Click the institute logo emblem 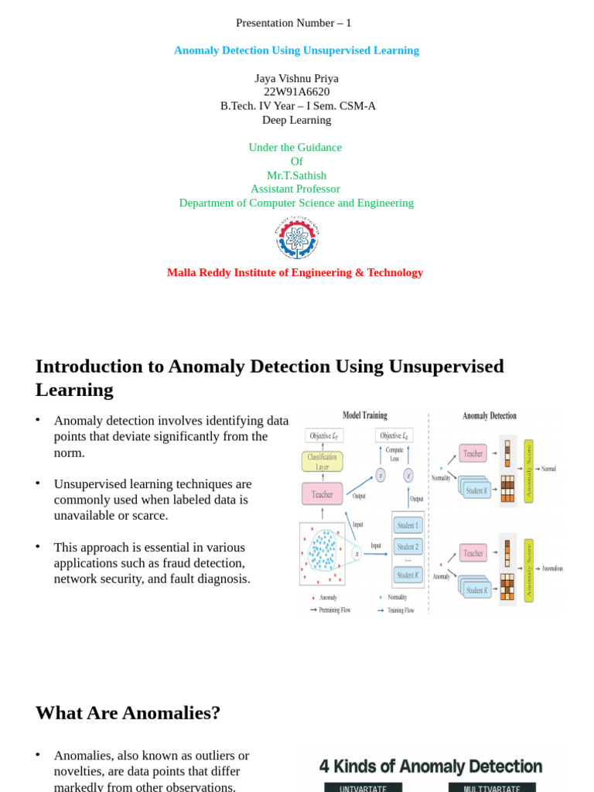[296, 238]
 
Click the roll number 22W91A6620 [296, 91]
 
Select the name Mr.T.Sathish [296, 176]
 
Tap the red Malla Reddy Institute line [295, 272]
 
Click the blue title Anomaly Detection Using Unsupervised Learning [296, 50]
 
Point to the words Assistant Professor [295, 189]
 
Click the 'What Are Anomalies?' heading [128, 712]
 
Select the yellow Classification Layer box [322, 462]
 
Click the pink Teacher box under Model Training [322, 494]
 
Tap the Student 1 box [408, 526]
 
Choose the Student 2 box [408, 547]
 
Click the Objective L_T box [325, 435]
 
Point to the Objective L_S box [394, 435]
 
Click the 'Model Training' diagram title [364, 415]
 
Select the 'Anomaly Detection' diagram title [490, 415]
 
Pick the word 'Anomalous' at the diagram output [552, 568]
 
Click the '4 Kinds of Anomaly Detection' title [431, 766]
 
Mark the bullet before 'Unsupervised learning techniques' [37, 483]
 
